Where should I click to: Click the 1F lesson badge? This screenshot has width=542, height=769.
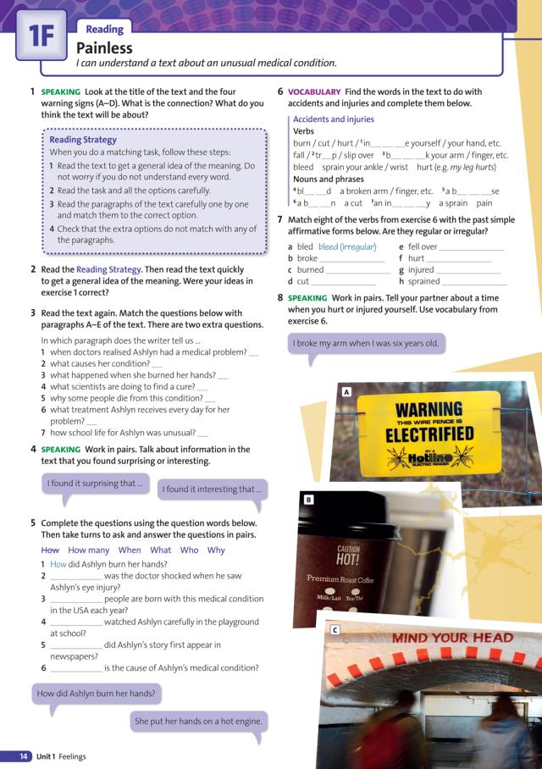(x=40, y=36)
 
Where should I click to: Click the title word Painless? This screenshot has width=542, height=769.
(x=104, y=47)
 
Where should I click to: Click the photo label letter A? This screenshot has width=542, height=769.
(x=346, y=392)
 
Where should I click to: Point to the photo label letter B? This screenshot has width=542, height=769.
(x=308, y=501)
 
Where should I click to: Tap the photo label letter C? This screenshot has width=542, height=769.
(x=335, y=630)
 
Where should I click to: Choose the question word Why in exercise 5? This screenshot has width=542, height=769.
(x=216, y=550)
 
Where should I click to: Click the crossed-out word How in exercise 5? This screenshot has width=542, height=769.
(x=50, y=550)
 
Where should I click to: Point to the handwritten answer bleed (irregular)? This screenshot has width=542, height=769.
(x=346, y=246)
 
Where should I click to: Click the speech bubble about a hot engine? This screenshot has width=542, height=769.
(x=198, y=722)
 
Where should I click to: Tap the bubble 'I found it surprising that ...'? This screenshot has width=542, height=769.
(x=95, y=484)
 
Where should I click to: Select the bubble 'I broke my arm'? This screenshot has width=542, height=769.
(x=366, y=343)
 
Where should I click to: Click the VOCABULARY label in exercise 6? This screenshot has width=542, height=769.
(x=314, y=91)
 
